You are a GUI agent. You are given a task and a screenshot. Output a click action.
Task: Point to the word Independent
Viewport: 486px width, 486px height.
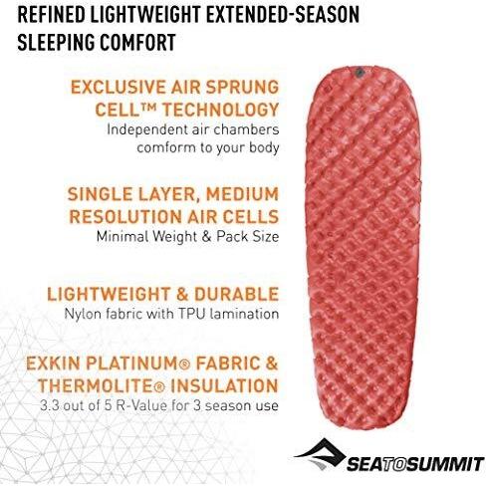pos(148,128)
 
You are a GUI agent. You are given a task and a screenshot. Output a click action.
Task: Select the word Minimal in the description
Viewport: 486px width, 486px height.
pos(121,237)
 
